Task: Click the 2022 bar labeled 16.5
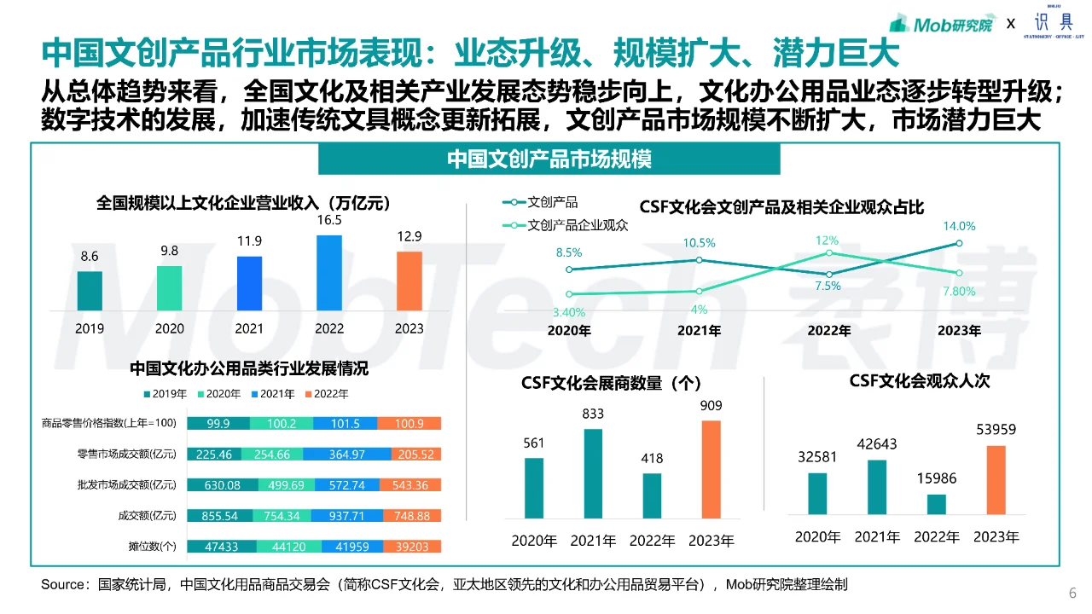pyautogui.click(x=329, y=273)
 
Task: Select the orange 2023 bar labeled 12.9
pyautogui.click(x=409, y=281)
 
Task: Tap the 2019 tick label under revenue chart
pyautogui.click(x=90, y=328)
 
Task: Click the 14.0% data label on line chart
pyautogui.click(x=959, y=227)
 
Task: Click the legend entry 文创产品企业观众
pyautogui.click(x=578, y=226)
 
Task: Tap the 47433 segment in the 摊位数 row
pyautogui.click(x=218, y=547)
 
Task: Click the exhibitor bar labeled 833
pyautogui.click(x=593, y=473)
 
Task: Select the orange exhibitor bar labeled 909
pyautogui.click(x=712, y=469)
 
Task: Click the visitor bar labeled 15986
pyautogui.click(x=937, y=504)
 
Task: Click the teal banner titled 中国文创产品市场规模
pyautogui.click(x=549, y=159)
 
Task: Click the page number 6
pyautogui.click(x=1072, y=594)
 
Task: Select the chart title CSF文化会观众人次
pyautogui.click(x=919, y=381)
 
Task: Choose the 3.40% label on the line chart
pyautogui.click(x=569, y=312)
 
